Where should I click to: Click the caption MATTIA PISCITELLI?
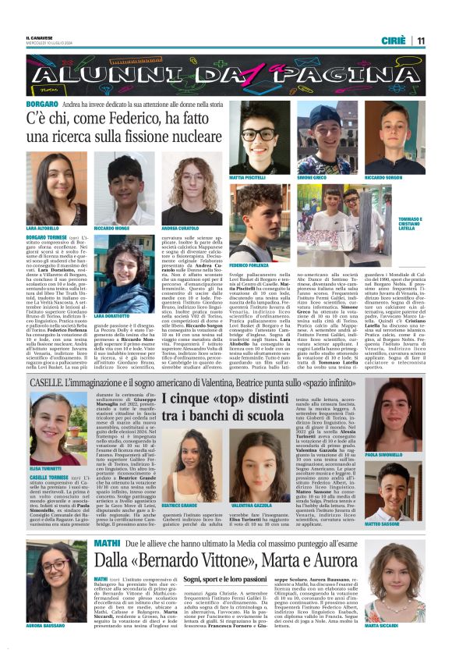[246, 178]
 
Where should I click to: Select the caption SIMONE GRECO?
[312, 178]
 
